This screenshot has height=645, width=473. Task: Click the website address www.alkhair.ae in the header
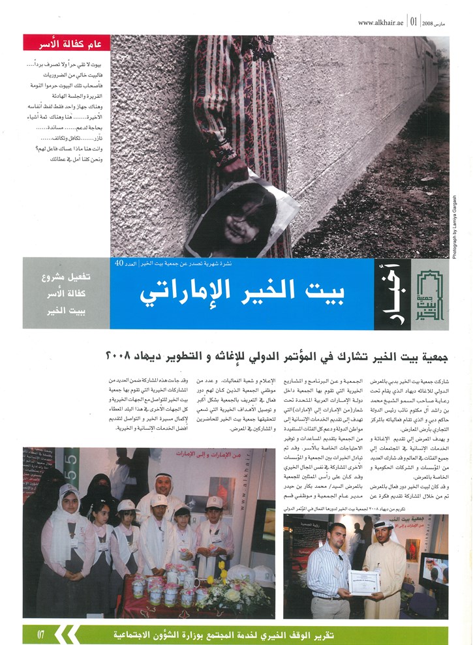(x=381, y=22)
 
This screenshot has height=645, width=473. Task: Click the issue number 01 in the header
(x=414, y=22)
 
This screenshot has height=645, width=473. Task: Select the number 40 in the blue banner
(x=119, y=263)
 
